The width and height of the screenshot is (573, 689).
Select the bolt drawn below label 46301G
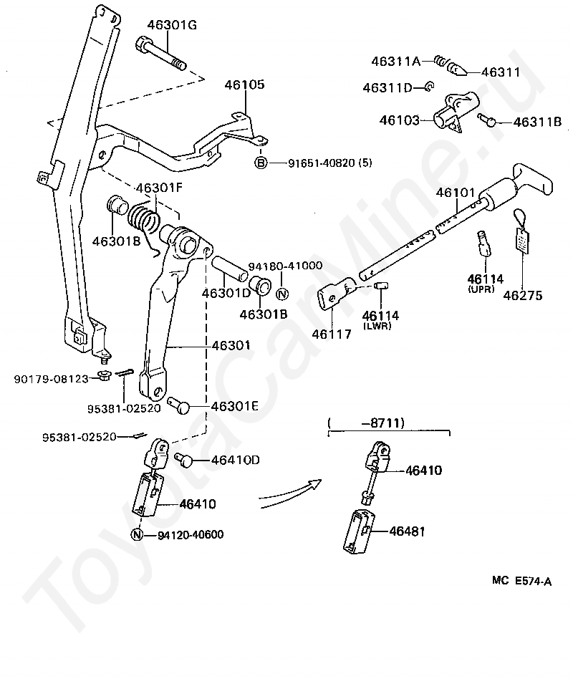pyautogui.click(x=161, y=54)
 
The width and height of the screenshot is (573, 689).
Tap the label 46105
pyautogui.click(x=245, y=85)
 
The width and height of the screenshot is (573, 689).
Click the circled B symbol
pyautogui.click(x=261, y=163)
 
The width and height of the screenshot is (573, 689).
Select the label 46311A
pyautogui.click(x=395, y=61)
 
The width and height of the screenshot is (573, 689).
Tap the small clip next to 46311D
pyautogui.click(x=429, y=87)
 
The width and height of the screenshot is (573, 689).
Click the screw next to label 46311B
pyautogui.click(x=486, y=120)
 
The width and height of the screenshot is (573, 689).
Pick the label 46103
pyautogui.click(x=400, y=120)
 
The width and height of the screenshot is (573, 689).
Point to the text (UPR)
pyautogui.click(x=482, y=289)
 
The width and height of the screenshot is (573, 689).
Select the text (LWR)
pyautogui.click(x=377, y=326)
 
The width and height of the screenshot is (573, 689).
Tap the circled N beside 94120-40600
pyautogui.click(x=137, y=535)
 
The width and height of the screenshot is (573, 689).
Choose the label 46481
pyautogui.click(x=407, y=531)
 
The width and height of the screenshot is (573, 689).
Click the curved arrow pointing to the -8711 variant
pyautogui.click(x=290, y=493)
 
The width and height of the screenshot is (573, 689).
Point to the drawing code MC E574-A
pyautogui.click(x=521, y=582)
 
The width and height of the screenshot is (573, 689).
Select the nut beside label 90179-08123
pyautogui.click(x=103, y=377)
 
